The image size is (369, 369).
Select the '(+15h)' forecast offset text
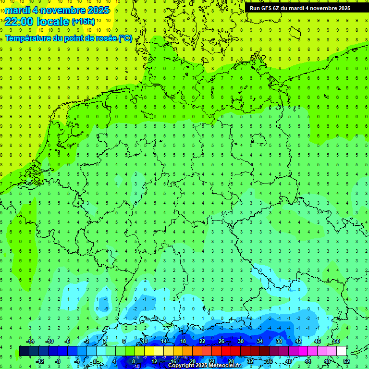pyautogui.click(x=83, y=22)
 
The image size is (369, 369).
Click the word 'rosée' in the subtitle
pyautogui.click(x=105, y=38)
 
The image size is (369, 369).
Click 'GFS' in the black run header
pyautogui.click(x=266, y=8)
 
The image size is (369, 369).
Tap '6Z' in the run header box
pyautogui.click(x=277, y=8)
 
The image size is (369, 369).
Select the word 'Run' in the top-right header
pyautogui.click(x=255, y=8)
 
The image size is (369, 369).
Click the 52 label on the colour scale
pyautogui.click(x=346, y=361)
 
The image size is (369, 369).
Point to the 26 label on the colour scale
pyautogui.click(x=221, y=341)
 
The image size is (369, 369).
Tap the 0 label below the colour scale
pyautogui.click(x=95, y=361)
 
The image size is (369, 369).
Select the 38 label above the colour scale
pyautogui.click(x=279, y=341)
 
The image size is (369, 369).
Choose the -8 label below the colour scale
pyautogui.click(x=58, y=361)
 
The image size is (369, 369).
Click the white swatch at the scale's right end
pyautogui.click(x=341, y=351)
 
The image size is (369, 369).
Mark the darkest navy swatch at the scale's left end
pyautogui.click(x=24, y=351)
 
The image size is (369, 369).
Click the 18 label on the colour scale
pyautogui.click(x=183, y=341)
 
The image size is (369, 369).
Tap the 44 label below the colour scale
pyautogui.click(x=308, y=361)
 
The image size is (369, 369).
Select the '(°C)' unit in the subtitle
pyautogui.click(x=126, y=38)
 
